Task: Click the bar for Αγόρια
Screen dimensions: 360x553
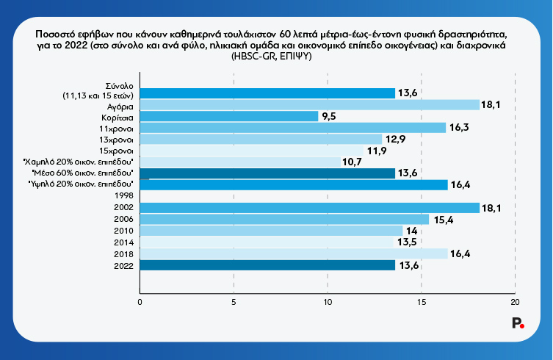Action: pyautogui.click(x=308, y=105)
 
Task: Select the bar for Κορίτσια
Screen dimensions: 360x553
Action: pyautogui.click(x=228, y=116)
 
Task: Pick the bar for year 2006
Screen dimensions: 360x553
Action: pyautogui.click(x=283, y=219)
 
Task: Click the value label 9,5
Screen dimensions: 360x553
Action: pyautogui.click(x=328, y=116)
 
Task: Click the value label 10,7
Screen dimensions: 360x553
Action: pyautogui.click(x=352, y=162)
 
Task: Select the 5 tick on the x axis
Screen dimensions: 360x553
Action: pyautogui.click(x=234, y=300)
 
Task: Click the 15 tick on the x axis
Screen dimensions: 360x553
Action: pyautogui.click(x=422, y=300)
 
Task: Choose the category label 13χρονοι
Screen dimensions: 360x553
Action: pyautogui.click(x=117, y=139)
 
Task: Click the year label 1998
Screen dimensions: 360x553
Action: pyautogui.click(x=123, y=196)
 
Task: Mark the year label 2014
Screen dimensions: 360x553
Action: pyautogui.click(x=123, y=242)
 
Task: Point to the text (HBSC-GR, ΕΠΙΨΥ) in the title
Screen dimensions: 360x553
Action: pyautogui.click(x=272, y=57)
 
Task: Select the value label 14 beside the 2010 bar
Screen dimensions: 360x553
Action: pyautogui.click(x=411, y=231)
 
